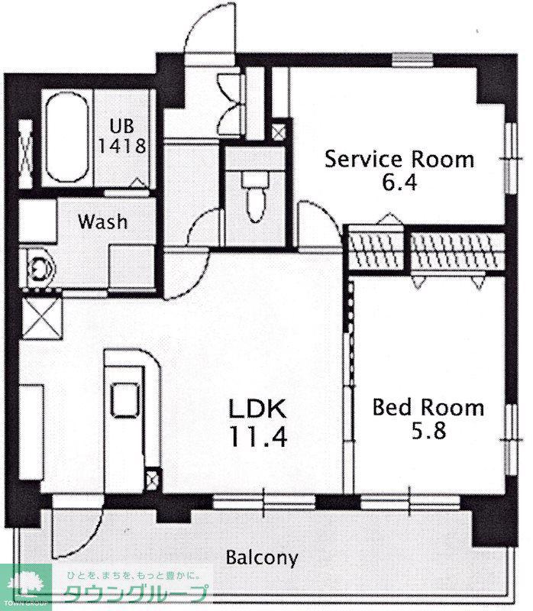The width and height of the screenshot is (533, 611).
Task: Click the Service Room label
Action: click(x=399, y=160)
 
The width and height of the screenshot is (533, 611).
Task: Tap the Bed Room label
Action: click(x=428, y=408)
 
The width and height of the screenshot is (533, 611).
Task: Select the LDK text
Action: click(x=257, y=409)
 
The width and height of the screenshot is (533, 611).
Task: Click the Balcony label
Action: click(x=262, y=558)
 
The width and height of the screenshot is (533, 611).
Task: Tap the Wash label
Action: click(x=103, y=221)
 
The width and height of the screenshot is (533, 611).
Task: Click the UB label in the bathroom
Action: click(x=121, y=126)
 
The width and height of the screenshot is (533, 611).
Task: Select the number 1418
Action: click(x=122, y=145)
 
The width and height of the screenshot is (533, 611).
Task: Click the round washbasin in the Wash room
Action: click(x=38, y=268)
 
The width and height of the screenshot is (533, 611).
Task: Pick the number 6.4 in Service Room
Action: click(x=399, y=183)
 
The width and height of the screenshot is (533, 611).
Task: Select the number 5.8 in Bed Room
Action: click(x=428, y=431)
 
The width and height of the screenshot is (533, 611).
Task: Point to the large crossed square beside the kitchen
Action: click(x=41, y=318)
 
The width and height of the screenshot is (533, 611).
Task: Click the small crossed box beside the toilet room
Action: click(x=278, y=131)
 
